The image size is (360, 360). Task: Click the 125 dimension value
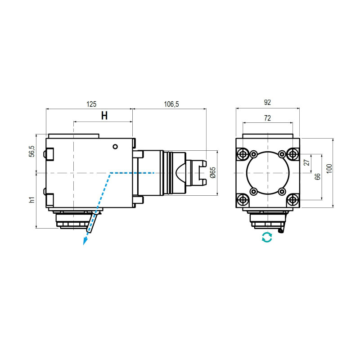coord(91,104)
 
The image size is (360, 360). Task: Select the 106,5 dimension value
coord(171,104)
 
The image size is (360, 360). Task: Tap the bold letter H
coord(104,116)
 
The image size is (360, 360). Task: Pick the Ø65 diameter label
coord(213,172)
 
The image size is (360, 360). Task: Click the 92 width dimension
coord(267,103)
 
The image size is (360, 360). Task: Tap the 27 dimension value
coord(307,163)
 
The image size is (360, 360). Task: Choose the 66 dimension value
coord(318,177)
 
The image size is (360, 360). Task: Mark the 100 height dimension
coord(329,168)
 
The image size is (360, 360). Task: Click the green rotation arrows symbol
coord(267,237)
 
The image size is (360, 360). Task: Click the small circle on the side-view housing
coord(116,146)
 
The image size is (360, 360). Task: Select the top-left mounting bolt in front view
coord(243,154)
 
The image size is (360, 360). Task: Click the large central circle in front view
coord(268,173)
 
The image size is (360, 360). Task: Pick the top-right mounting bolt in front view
coord(293,154)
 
